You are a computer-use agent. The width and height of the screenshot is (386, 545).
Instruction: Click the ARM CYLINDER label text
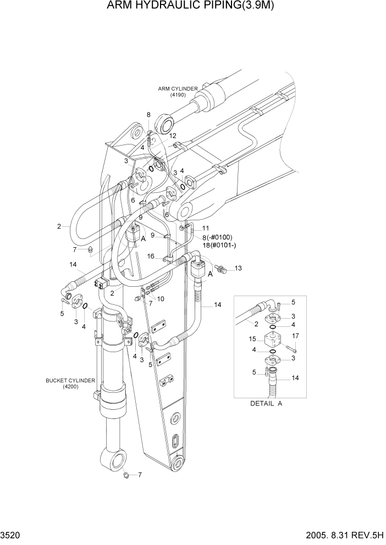click(x=178, y=88)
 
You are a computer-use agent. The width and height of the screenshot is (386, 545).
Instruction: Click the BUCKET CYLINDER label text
click(x=71, y=380)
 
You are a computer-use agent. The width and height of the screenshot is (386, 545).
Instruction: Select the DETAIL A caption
click(x=266, y=403)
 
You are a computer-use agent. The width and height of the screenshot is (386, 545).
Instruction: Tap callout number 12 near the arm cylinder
click(x=172, y=135)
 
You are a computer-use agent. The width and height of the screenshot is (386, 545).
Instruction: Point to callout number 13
click(x=238, y=268)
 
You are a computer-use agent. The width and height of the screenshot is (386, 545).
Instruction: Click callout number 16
click(x=150, y=257)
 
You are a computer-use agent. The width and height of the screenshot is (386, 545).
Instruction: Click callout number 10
click(x=161, y=298)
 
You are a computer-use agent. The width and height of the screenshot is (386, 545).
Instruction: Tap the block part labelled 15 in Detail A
click(x=272, y=340)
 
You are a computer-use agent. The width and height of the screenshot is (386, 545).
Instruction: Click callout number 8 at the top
click(x=148, y=115)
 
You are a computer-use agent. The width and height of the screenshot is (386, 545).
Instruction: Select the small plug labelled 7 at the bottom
click(x=126, y=474)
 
